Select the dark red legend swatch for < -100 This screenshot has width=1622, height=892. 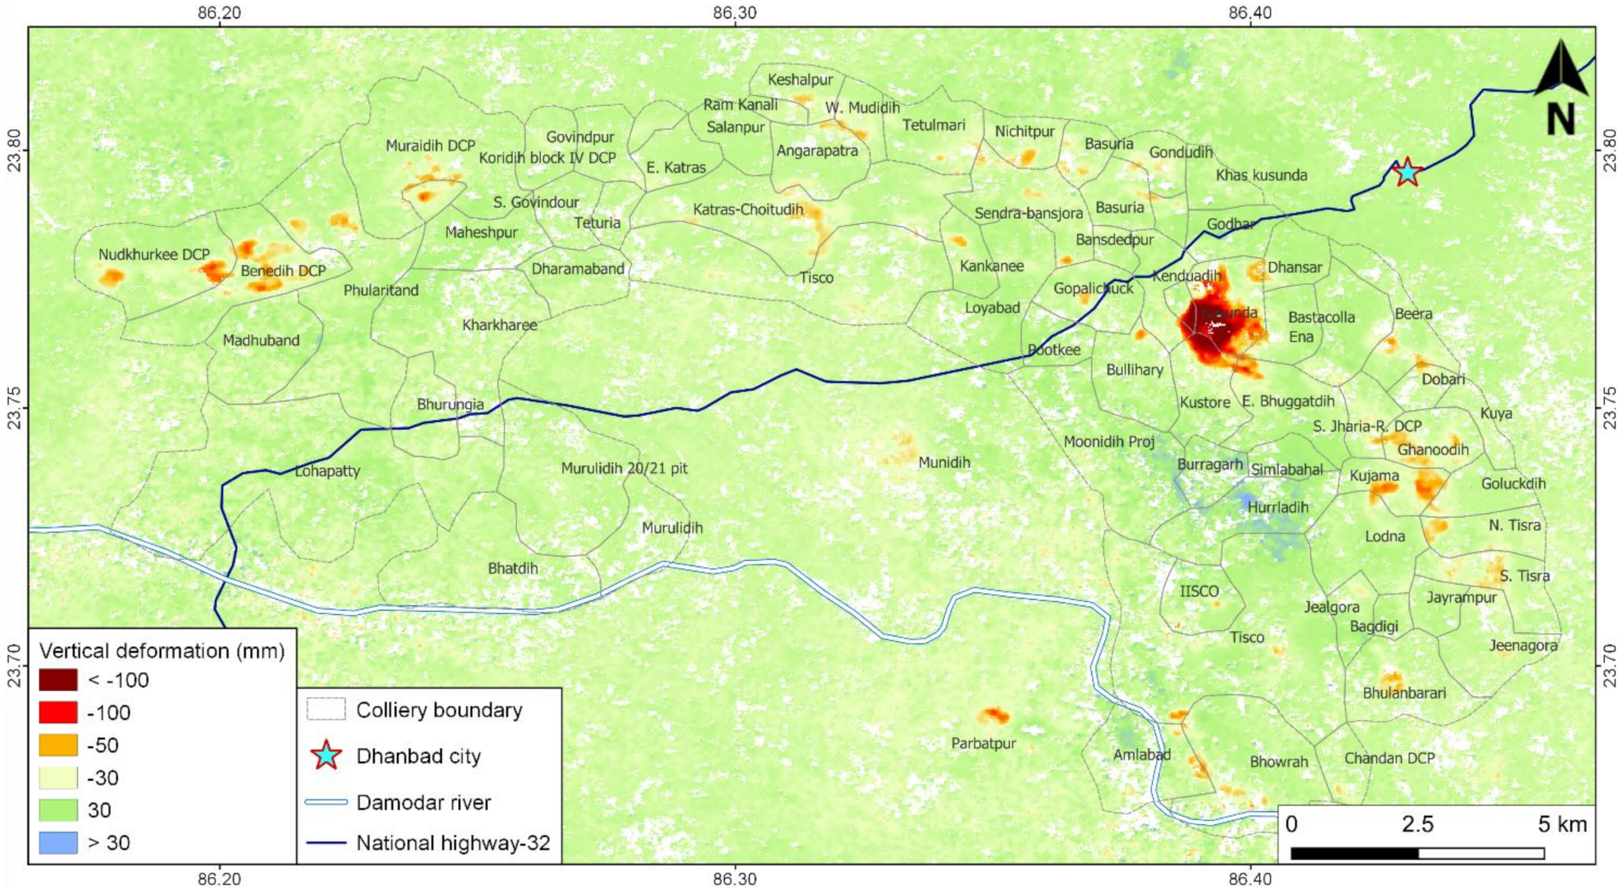58,680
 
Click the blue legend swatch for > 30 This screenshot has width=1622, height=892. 58,842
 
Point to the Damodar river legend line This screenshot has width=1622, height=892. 326,803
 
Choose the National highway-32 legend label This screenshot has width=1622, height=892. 454,843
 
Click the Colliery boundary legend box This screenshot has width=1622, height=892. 326,710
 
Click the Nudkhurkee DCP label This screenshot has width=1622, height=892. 154,255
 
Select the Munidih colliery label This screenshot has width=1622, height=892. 944,463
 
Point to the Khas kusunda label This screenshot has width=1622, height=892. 1261,175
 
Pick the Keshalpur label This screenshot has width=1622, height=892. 799,80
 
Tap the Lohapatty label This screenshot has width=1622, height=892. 327,471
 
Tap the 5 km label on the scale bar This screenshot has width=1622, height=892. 1562,824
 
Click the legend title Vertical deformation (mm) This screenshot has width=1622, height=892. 162,650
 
